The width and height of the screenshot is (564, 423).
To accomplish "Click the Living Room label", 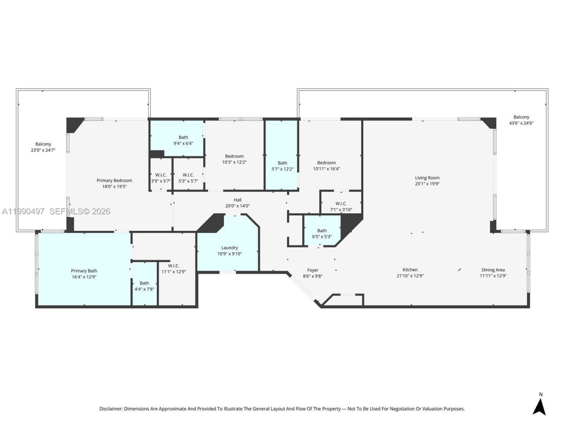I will [x=427, y=178].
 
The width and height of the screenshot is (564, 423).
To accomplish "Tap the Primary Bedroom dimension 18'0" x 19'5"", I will [x=114, y=186].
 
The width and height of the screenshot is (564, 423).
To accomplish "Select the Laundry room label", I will [x=230, y=248].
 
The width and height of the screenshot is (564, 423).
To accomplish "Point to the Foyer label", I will [x=312, y=270].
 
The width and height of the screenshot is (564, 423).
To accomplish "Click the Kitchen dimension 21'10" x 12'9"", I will [x=410, y=276].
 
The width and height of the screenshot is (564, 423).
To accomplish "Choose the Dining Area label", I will [x=493, y=270].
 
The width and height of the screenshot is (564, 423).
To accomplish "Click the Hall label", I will [x=237, y=200].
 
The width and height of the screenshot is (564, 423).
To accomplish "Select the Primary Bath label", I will [x=84, y=271].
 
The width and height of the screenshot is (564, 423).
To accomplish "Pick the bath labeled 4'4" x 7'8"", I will [x=145, y=286].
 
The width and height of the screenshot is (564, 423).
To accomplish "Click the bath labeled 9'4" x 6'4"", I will [x=183, y=140].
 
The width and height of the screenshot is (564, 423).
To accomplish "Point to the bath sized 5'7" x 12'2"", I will [x=282, y=166].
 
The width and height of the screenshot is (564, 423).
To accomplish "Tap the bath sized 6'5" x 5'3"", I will [x=322, y=234].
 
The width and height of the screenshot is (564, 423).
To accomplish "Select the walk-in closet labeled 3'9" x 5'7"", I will [x=160, y=178].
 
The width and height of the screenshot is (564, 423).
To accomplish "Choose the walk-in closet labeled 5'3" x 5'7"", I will [x=188, y=178].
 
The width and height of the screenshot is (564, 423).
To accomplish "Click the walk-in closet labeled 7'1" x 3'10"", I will [x=341, y=206].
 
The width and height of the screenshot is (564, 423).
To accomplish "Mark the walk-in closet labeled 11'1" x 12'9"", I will [x=174, y=268].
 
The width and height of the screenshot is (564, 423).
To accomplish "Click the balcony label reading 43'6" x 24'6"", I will [x=521, y=120].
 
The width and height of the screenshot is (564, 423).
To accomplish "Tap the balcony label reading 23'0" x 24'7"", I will [x=43, y=147].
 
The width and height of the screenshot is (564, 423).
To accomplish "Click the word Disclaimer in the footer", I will [x=111, y=409].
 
